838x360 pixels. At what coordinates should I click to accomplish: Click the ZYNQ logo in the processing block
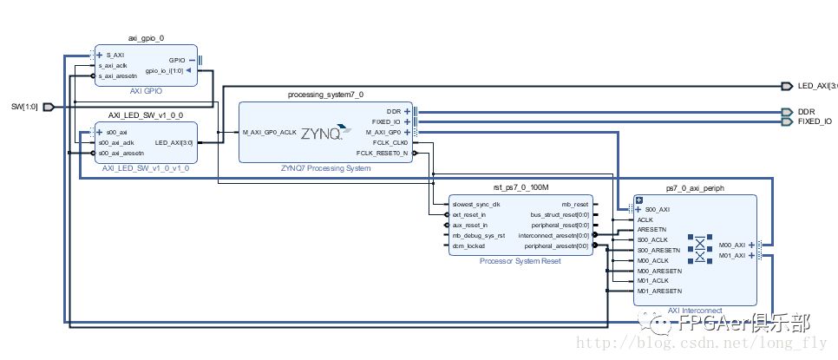[x=323, y=134]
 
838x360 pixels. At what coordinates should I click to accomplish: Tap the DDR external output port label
[x=806, y=112]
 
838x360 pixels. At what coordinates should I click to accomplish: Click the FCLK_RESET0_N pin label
[x=382, y=154]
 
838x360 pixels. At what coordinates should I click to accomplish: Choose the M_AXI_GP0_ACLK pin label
[x=269, y=133]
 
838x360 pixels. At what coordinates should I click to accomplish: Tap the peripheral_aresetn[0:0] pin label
[x=553, y=245]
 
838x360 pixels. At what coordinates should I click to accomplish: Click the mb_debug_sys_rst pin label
[x=480, y=235]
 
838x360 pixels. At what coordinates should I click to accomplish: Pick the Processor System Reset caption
[x=519, y=260]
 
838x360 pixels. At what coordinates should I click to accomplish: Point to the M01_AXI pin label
[x=733, y=256]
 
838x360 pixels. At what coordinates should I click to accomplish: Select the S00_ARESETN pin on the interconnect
[x=659, y=250]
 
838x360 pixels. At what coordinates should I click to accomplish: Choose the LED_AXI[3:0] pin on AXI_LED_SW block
[x=173, y=142]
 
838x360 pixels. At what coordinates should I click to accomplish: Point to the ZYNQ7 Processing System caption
[x=326, y=168]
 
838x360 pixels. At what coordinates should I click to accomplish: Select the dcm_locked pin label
[x=469, y=245]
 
